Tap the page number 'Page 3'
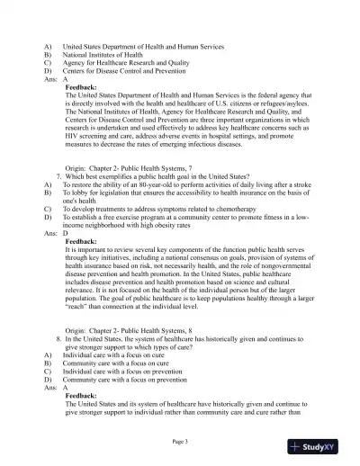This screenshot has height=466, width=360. [180, 442]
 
